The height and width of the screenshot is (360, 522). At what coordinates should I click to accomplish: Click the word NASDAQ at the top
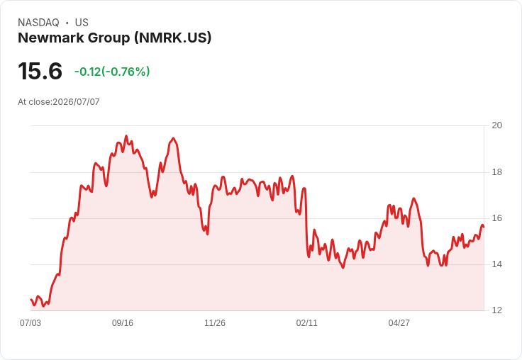38,23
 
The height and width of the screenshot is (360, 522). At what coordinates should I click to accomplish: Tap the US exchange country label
82,23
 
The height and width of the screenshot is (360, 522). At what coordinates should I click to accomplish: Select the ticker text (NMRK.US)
173,38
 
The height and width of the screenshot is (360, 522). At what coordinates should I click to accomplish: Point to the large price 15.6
40,71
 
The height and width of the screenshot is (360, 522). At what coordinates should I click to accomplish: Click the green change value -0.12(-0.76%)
112,72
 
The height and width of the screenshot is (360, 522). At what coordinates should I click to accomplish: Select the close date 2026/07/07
76,102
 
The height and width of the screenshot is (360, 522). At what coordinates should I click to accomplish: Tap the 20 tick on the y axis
497,125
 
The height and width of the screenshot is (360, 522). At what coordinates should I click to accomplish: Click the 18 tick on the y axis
497,172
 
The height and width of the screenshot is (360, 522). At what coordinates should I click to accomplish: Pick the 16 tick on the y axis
497,218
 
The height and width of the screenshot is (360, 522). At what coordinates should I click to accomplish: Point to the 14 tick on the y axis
497,264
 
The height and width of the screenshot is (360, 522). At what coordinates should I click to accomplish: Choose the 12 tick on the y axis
497,310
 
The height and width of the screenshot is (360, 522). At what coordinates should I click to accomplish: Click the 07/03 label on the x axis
30,323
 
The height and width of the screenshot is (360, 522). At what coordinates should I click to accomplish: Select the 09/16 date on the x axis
123,323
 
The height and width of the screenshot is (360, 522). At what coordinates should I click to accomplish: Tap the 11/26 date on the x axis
215,323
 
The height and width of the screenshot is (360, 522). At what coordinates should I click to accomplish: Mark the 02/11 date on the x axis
307,323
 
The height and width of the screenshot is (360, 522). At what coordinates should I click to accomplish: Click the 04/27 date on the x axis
399,323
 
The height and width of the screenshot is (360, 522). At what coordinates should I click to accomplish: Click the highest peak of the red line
126,136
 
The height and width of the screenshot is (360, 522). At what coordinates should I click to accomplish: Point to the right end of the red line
484,227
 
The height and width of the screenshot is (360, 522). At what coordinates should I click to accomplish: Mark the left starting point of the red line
30,300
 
